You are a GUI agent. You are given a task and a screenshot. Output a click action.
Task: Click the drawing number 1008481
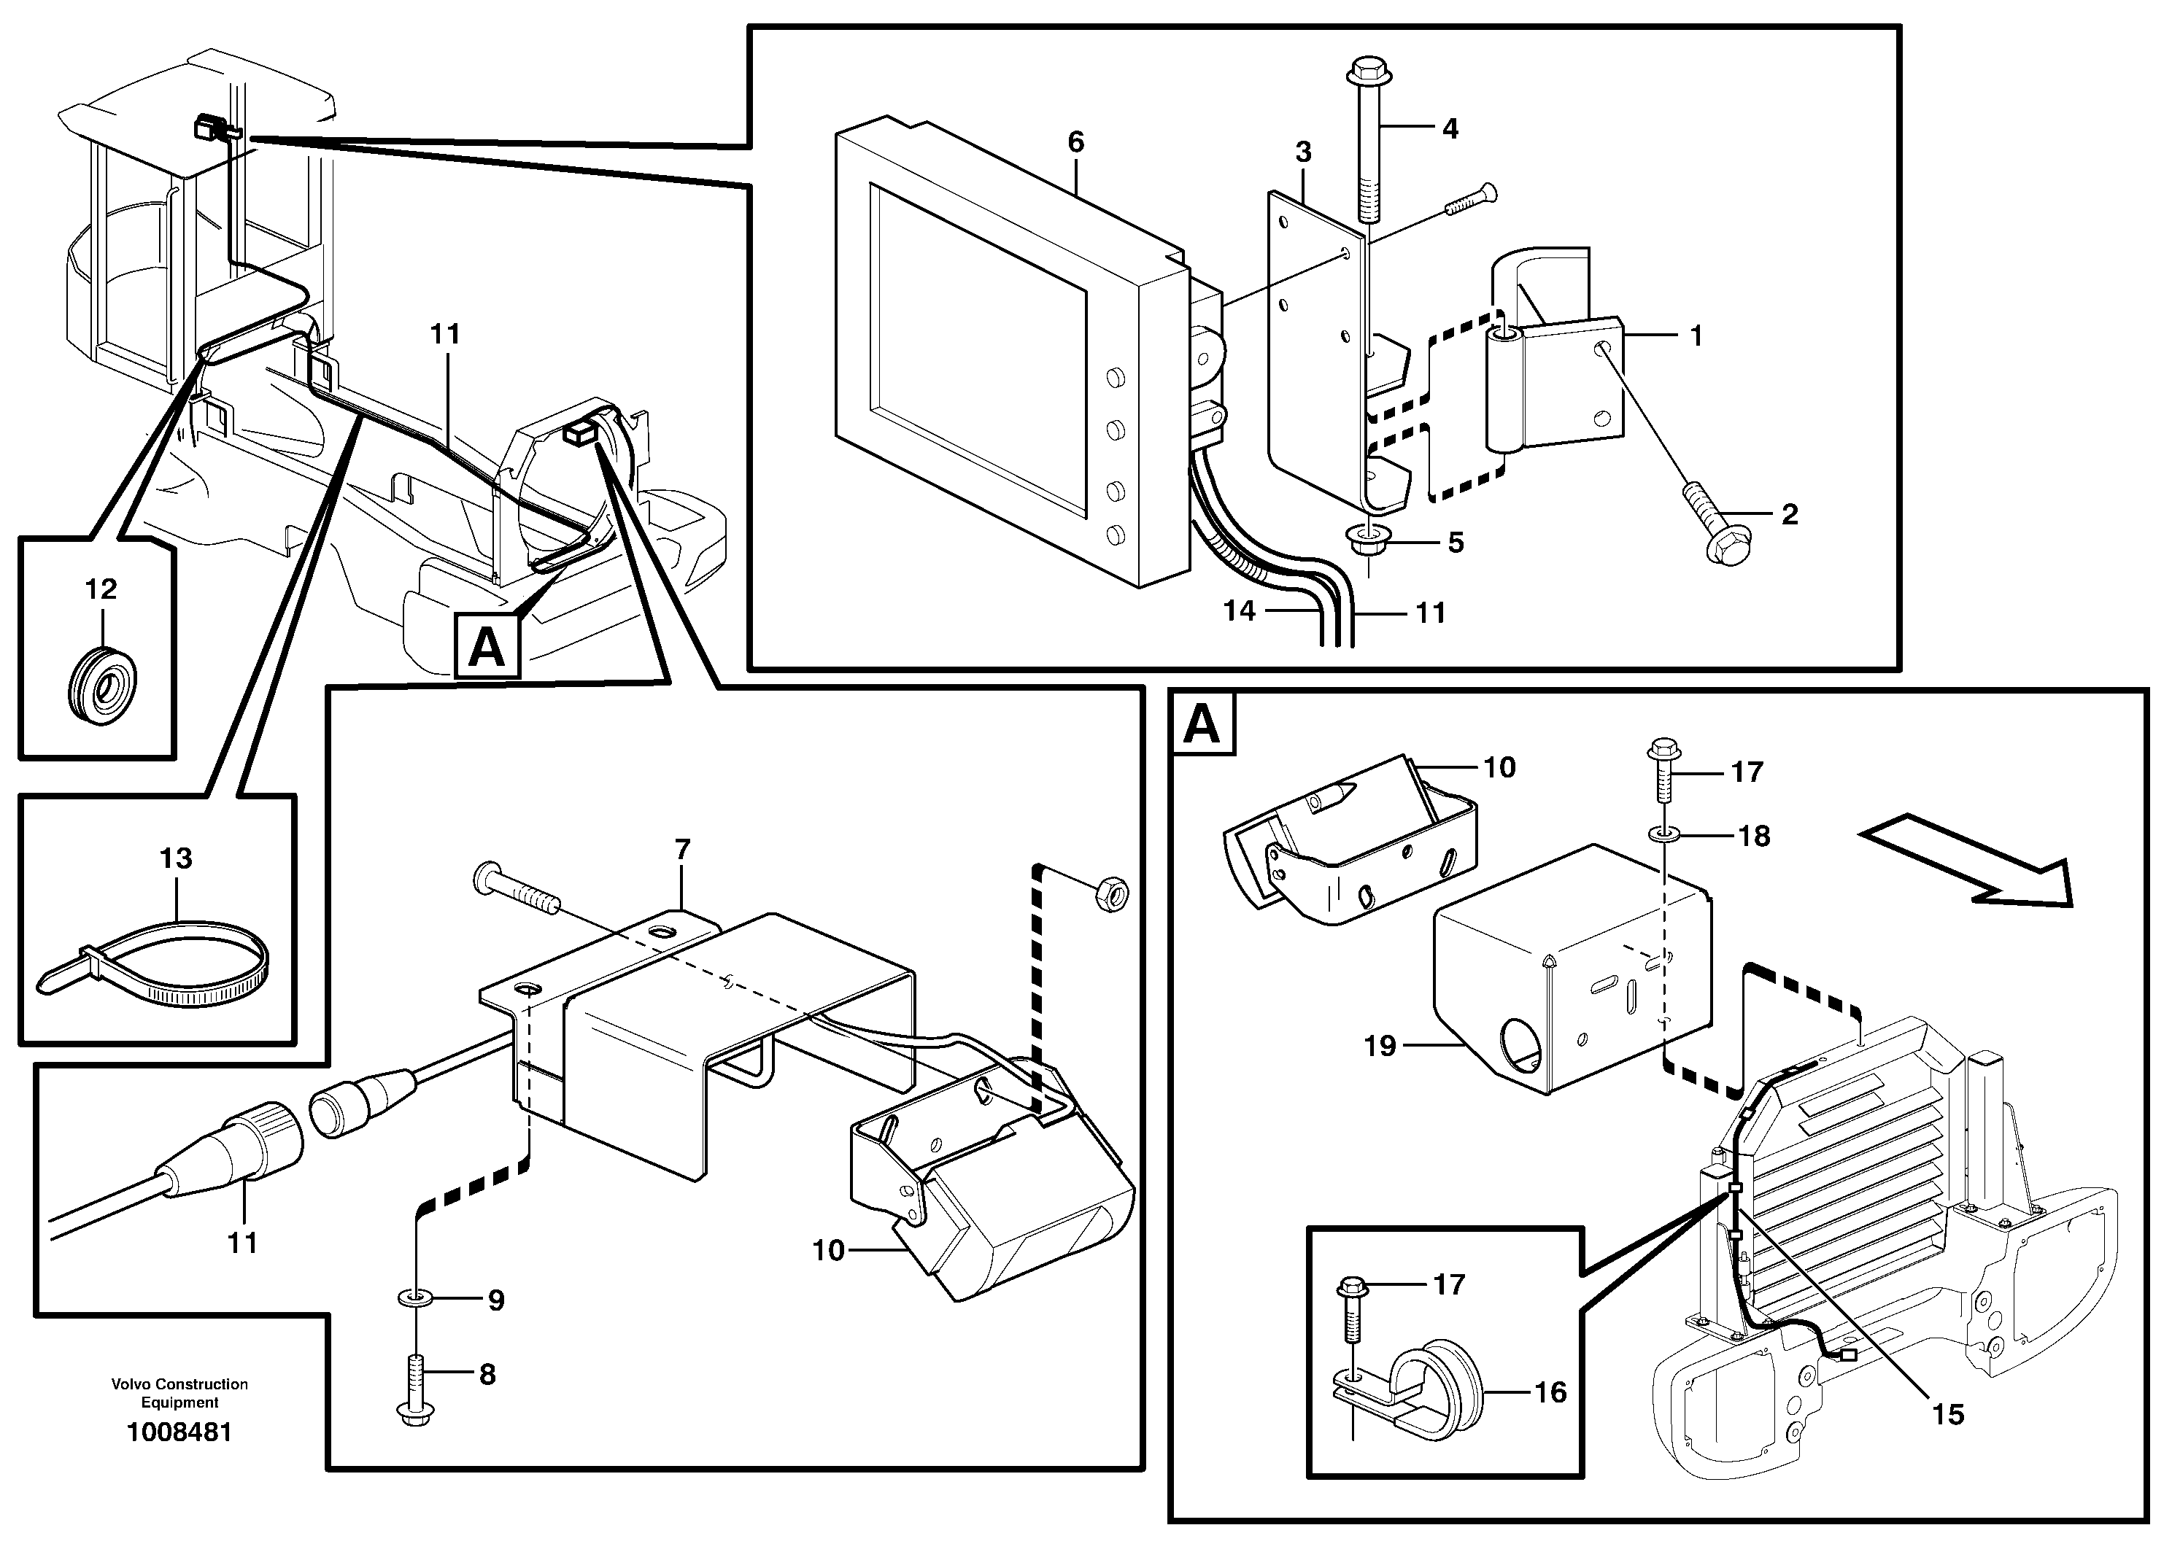[179, 1432]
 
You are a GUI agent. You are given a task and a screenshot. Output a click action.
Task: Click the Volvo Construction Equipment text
[179, 1392]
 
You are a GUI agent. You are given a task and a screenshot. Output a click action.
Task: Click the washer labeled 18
[1666, 835]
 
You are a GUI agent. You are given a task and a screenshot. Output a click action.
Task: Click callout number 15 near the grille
[1947, 1414]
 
